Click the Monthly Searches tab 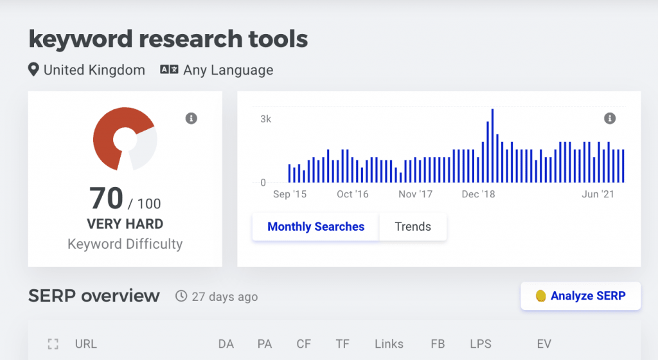(316, 226)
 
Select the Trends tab (413, 226)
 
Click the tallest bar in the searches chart (492, 146)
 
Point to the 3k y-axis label (265, 119)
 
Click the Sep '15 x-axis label (290, 194)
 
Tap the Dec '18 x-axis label (479, 194)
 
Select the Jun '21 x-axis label (599, 194)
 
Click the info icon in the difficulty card (191, 118)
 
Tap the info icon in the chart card (610, 118)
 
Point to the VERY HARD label (125, 224)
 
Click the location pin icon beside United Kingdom (34, 70)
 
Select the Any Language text (228, 70)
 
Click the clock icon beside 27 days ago (182, 296)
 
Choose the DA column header (226, 344)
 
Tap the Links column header (389, 344)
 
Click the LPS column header (480, 344)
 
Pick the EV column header (544, 344)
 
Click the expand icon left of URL (53, 344)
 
